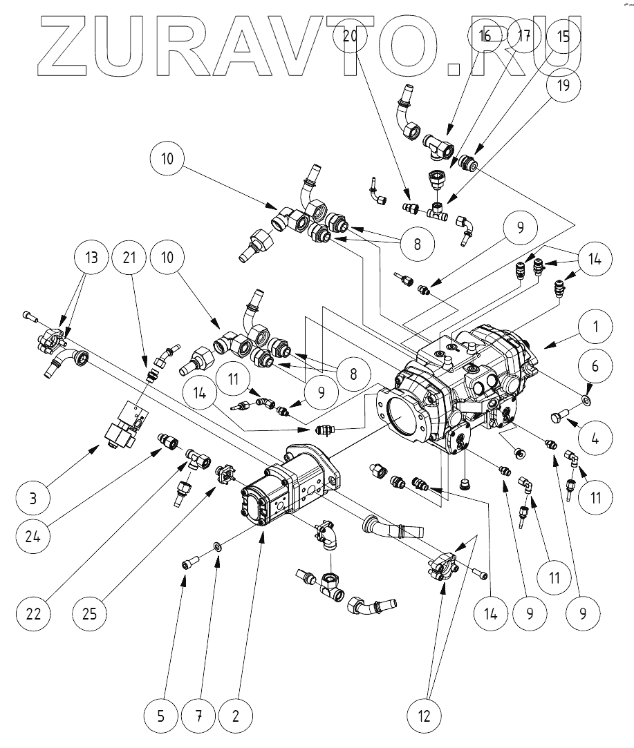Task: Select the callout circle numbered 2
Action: (236, 715)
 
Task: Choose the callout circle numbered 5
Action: (160, 715)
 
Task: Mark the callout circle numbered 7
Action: (198, 715)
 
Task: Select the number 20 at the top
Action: (350, 36)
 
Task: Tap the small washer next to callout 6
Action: (587, 399)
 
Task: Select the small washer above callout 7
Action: (217, 546)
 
